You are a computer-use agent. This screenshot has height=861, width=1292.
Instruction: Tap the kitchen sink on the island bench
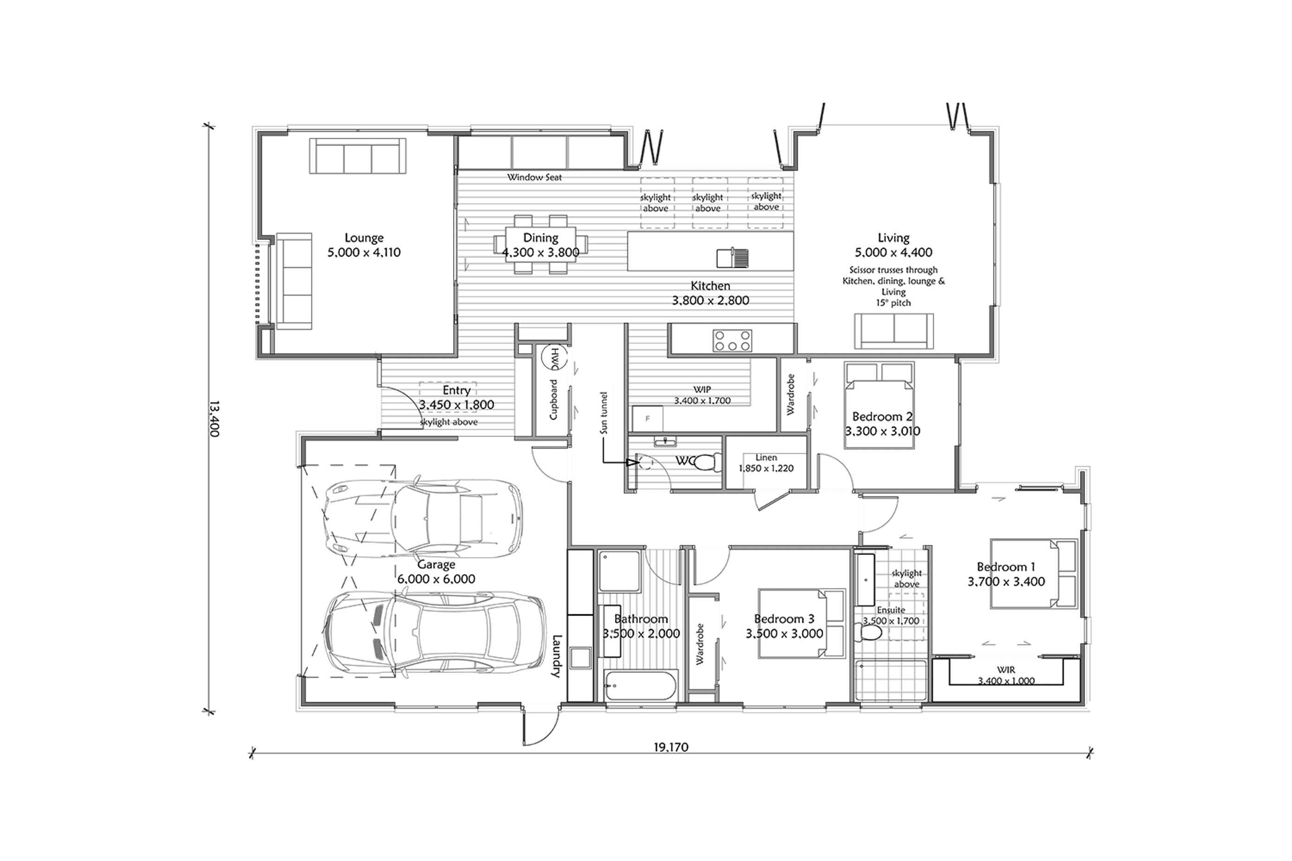click(732, 257)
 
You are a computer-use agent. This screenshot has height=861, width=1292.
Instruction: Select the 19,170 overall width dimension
click(671, 747)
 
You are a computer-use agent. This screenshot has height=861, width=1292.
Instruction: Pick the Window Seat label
click(535, 177)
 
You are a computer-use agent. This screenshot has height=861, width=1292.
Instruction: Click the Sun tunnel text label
click(604, 413)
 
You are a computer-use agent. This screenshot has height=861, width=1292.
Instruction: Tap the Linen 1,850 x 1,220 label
click(766, 463)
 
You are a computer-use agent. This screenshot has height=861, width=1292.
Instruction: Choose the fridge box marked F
click(648, 419)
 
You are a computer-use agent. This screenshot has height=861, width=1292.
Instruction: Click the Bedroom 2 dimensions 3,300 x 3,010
click(882, 431)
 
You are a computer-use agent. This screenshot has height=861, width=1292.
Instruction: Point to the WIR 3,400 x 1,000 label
click(1006, 675)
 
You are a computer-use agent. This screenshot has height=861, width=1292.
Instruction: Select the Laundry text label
click(556, 655)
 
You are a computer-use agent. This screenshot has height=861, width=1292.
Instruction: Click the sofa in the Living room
click(894, 331)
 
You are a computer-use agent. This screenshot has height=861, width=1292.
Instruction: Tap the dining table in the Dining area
click(541, 244)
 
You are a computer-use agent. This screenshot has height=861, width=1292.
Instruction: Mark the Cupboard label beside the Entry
click(554, 399)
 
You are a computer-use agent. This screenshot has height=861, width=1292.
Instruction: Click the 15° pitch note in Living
click(893, 302)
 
